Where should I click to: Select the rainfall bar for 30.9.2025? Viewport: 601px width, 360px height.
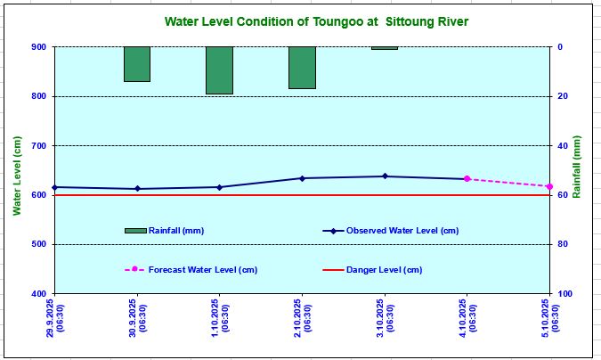136,64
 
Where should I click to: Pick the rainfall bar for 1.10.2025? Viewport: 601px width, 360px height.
219,70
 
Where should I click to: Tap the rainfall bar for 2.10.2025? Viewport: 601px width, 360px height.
302,68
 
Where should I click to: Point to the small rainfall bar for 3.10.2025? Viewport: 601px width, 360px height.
385,48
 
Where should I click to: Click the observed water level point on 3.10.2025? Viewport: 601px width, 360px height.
385,176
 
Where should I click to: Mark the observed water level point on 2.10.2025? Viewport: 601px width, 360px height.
302,178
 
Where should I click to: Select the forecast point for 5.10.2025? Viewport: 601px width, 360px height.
549,186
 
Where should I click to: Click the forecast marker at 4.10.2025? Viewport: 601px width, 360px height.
467,179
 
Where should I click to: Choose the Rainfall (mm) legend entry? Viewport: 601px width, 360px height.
165,231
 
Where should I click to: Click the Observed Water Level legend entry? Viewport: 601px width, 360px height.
391,231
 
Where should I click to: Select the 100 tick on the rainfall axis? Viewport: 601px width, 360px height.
566,294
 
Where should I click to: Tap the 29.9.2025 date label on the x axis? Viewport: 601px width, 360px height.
54,318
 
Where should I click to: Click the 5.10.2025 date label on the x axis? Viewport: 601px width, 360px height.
549,318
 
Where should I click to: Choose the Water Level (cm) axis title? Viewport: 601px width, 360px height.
16,169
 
